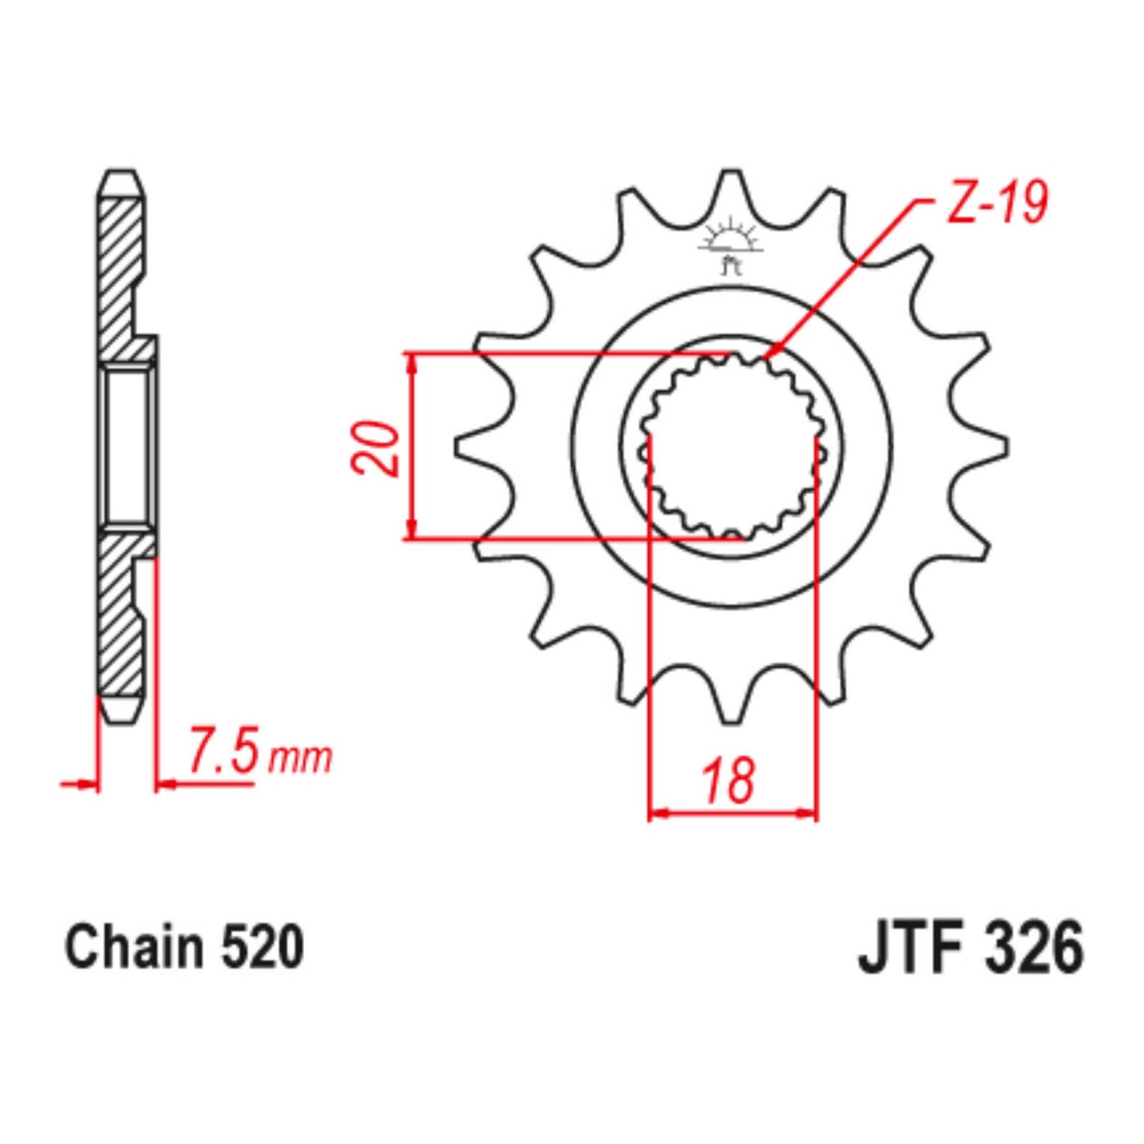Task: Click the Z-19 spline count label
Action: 997,203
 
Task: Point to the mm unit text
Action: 300,758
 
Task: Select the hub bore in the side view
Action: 127,447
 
